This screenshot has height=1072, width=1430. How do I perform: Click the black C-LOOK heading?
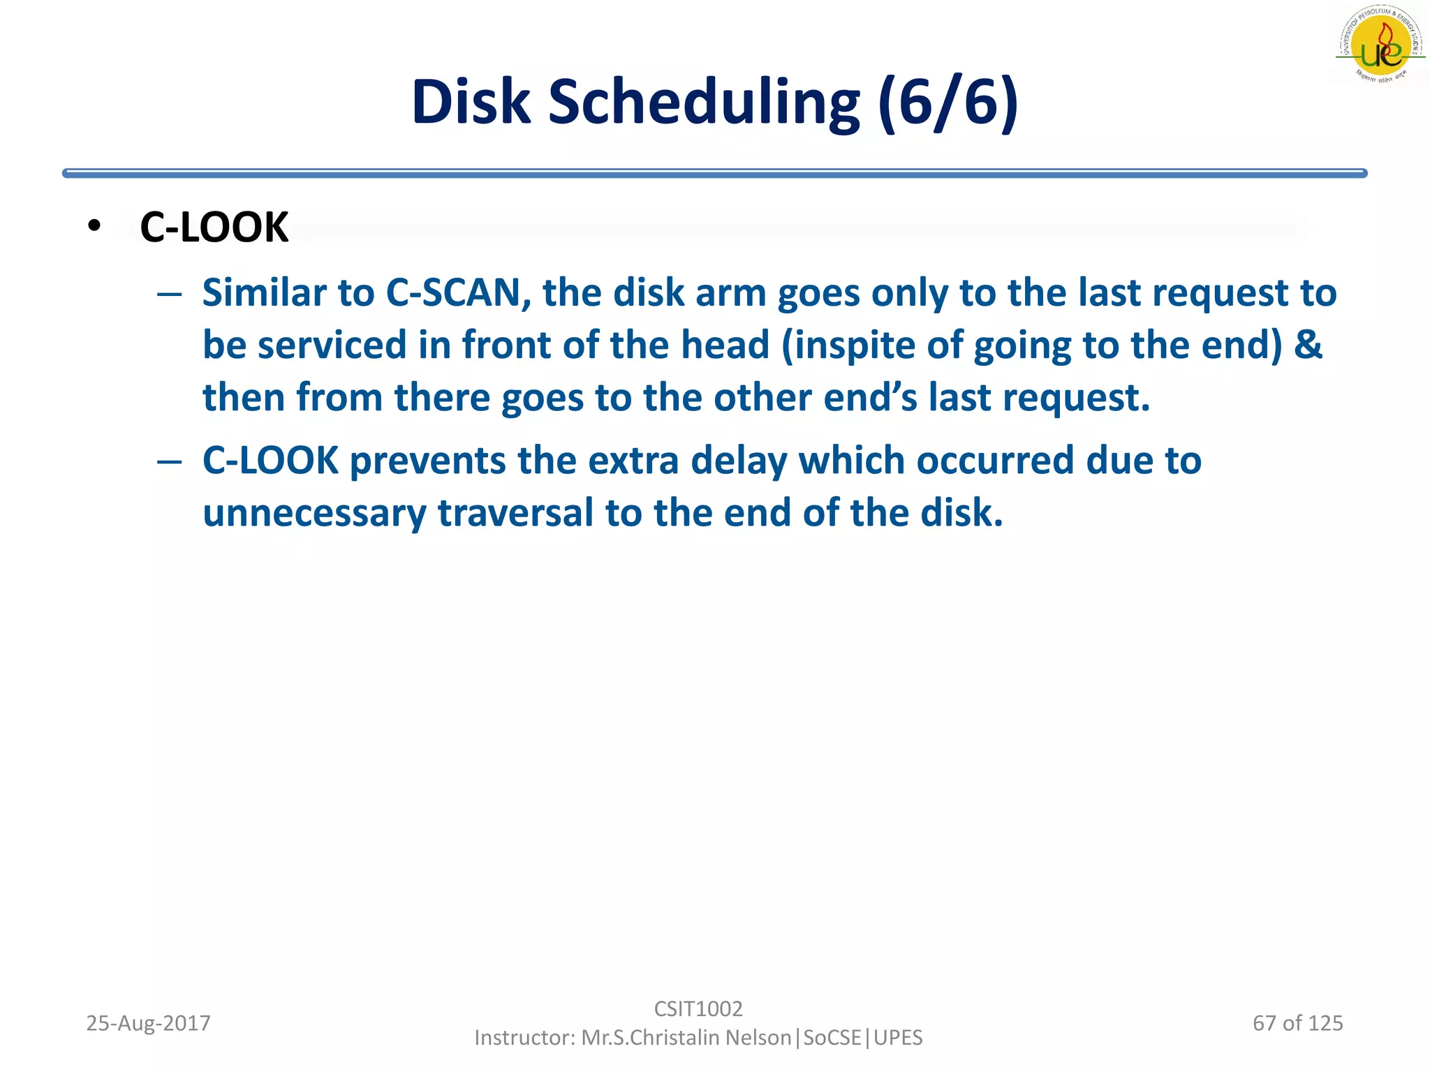click(x=214, y=228)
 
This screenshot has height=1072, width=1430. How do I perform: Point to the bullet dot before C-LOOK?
click(x=94, y=225)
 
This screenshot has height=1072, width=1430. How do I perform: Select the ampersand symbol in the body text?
click(x=1308, y=345)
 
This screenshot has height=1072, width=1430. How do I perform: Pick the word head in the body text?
click(x=724, y=345)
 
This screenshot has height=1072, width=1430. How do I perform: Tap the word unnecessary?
click(x=314, y=514)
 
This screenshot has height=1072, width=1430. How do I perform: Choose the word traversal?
click(x=515, y=513)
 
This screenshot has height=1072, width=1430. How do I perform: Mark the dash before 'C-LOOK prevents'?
click(x=170, y=461)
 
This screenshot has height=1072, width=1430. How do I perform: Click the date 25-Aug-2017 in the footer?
click(x=148, y=1023)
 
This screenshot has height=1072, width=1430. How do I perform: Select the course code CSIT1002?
click(x=698, y=1008)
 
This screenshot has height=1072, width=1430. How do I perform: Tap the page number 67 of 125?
click(x=1297, y=1023)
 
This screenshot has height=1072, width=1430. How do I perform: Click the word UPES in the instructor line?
click(x=898, y=1038)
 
